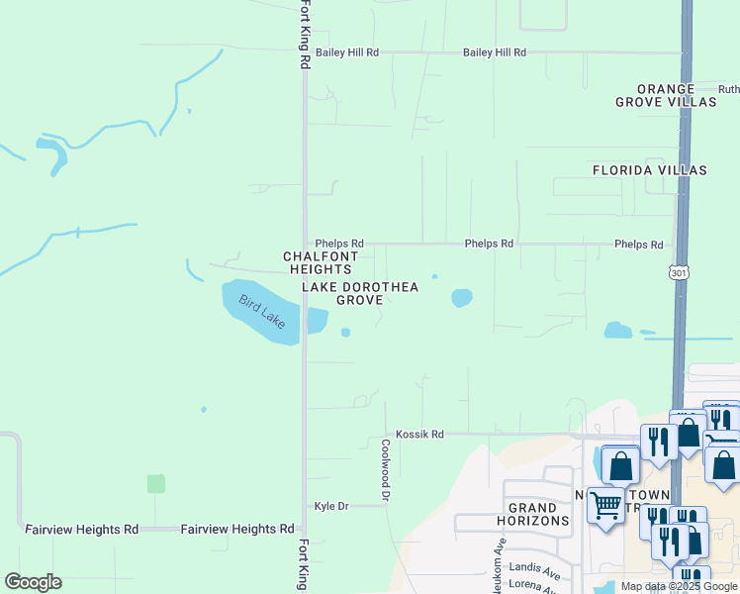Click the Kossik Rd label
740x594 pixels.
click(419, 434)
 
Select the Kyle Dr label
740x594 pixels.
click(331, 506)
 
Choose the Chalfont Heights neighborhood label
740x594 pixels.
click(318, 262)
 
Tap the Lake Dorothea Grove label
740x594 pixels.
click(360, 293)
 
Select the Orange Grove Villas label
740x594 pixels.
click(666, 95)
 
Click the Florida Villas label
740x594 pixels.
click(650, 170)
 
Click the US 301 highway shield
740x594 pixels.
click(678, 271)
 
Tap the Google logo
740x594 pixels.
click(33, 582)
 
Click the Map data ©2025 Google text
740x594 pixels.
click(679, 587)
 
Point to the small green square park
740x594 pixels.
click(156, 483)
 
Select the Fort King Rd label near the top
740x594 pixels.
click(305, 35)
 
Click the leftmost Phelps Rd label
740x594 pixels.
click(339, 243)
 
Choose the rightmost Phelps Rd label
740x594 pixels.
click(638, 244)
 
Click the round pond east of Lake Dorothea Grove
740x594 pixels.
click(462, 297)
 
